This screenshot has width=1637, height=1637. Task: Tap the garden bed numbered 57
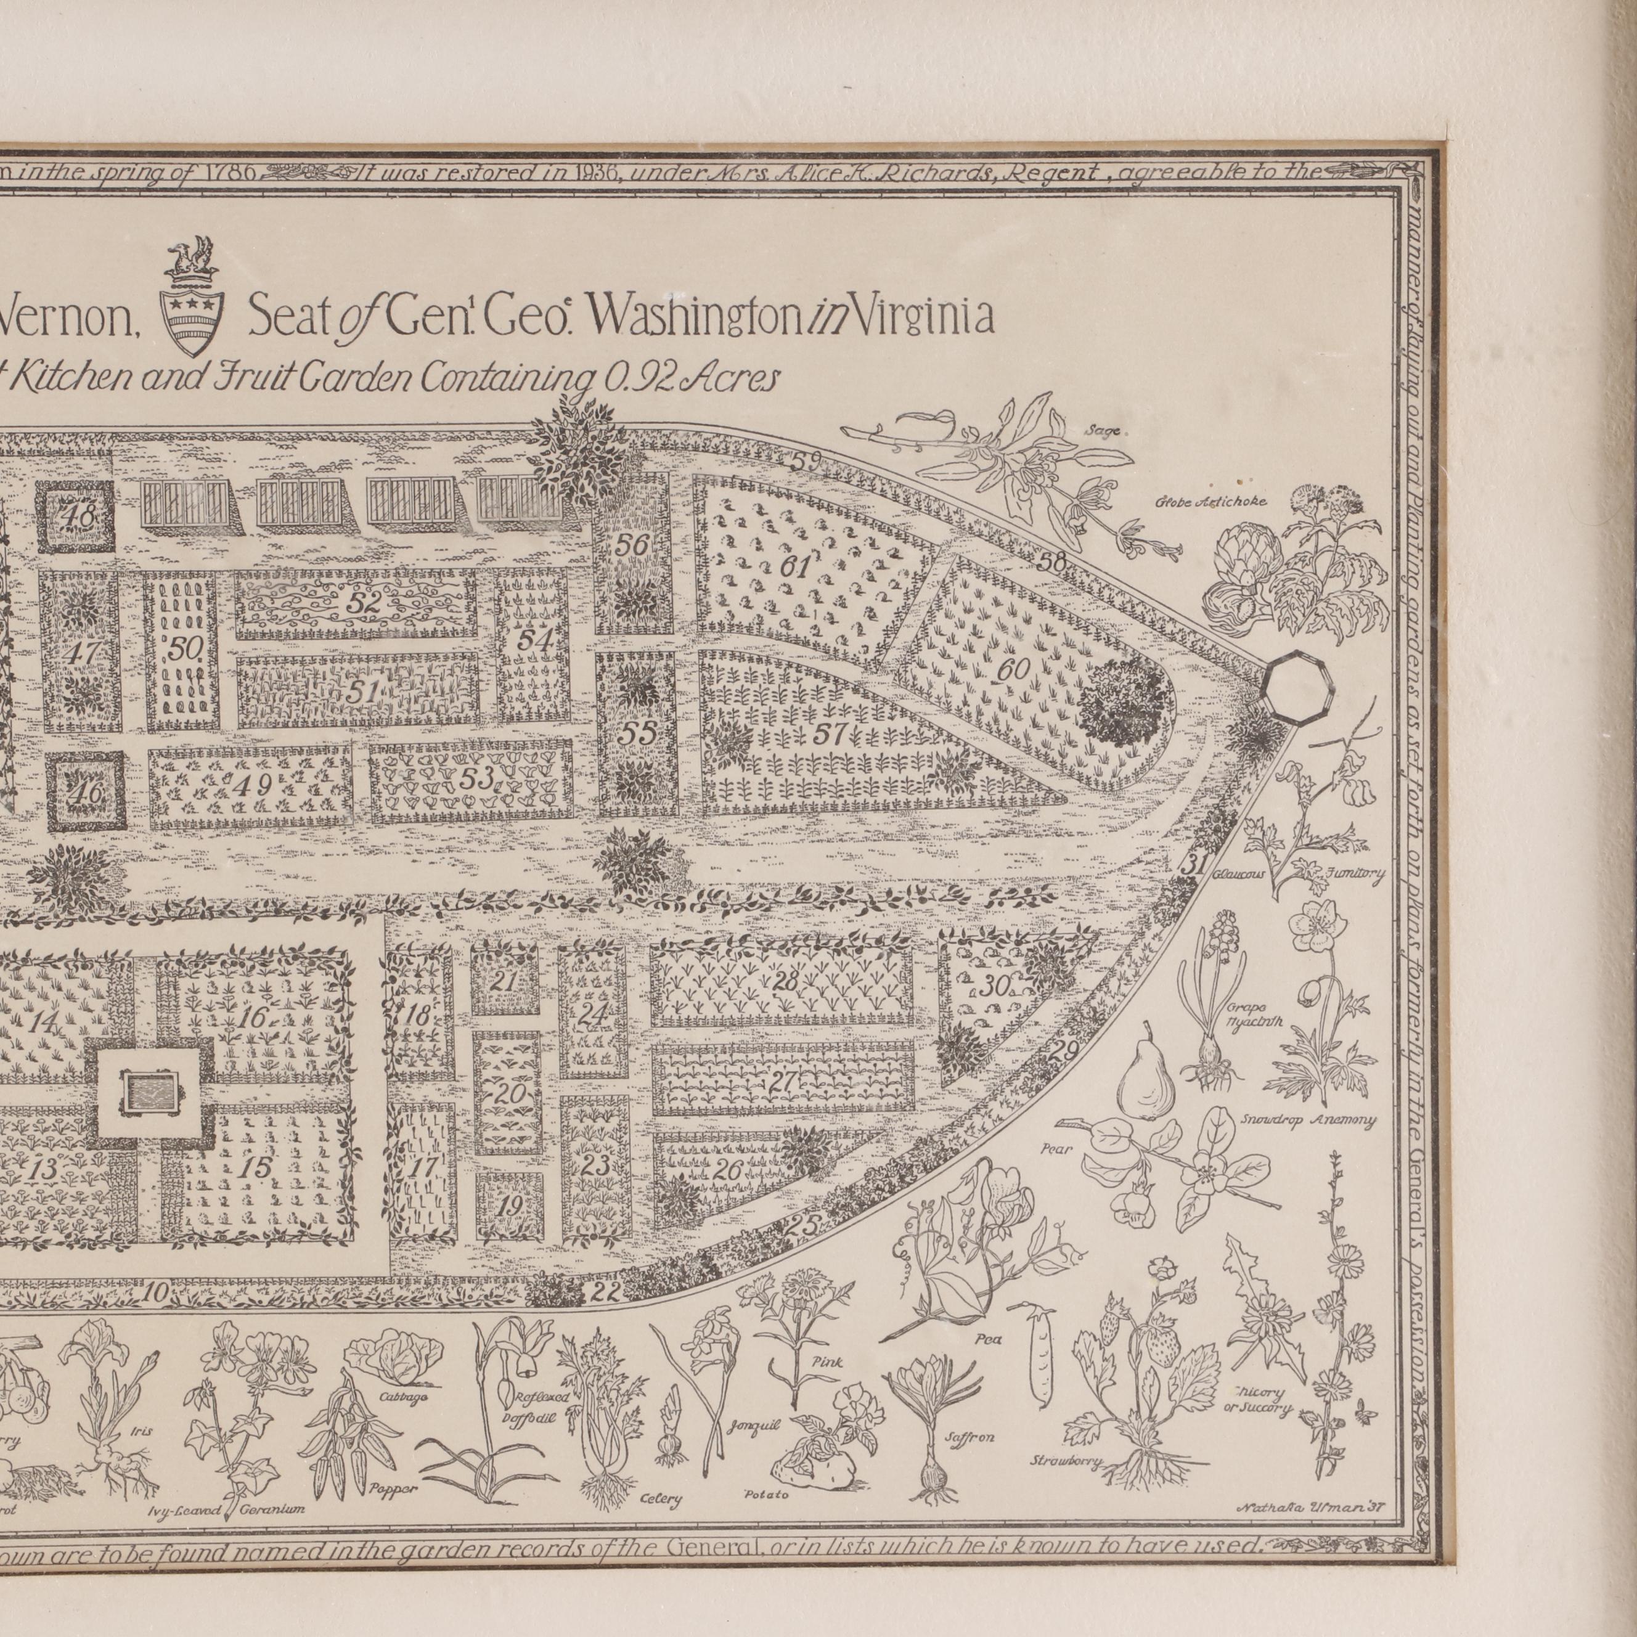(830, 735)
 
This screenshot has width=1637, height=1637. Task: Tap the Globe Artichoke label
(1212, 502)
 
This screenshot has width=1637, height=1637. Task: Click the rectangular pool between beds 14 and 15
(152, 1092)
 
